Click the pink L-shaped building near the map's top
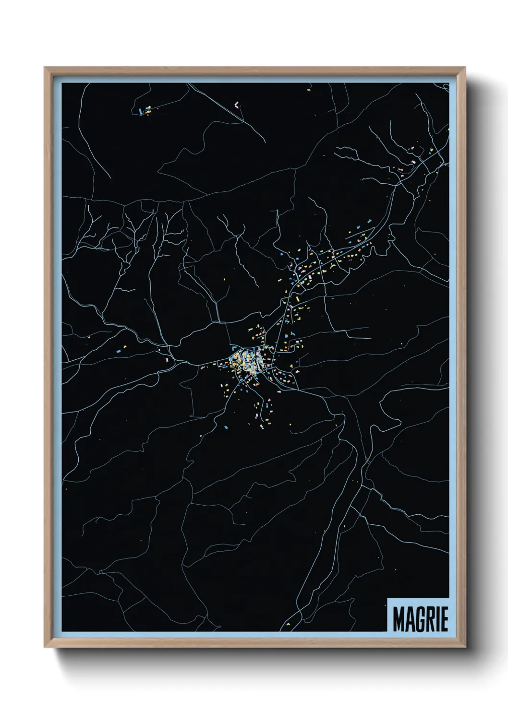(236, 104)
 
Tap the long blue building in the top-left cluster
(140, 110)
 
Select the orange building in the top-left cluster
(148, 112)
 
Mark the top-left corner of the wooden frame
(45, 67)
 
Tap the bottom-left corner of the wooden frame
(45, 647)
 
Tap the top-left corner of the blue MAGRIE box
(387, 598)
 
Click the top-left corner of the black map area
(62, 83)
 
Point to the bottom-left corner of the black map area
(62, 631)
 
